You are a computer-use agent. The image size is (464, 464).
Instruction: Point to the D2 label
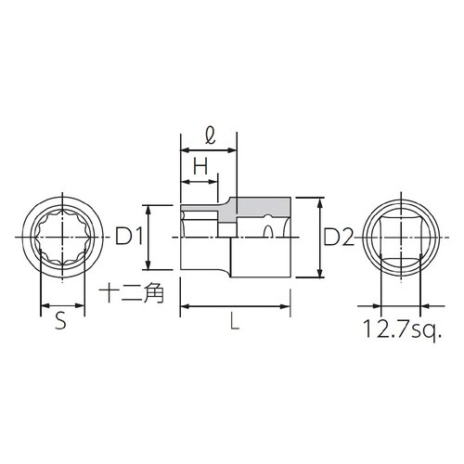point(340,238)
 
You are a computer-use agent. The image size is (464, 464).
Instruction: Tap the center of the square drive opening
point(399,238)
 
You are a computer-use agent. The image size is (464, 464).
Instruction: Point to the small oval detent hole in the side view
point(268,227)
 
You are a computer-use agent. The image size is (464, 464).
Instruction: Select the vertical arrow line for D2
point(320,238)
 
